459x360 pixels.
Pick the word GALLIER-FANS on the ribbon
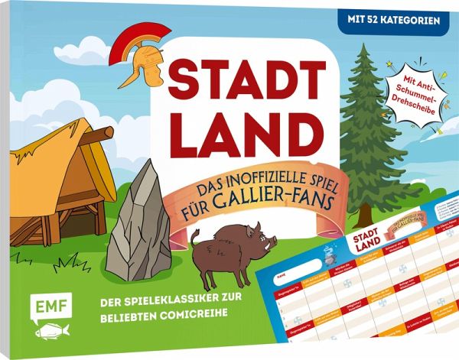tap(291, 209)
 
